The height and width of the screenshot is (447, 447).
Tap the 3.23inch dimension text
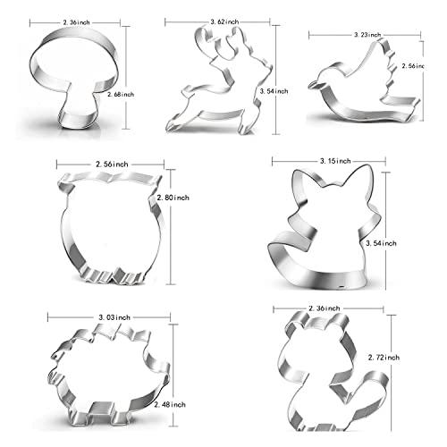click(x=363, y=34)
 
